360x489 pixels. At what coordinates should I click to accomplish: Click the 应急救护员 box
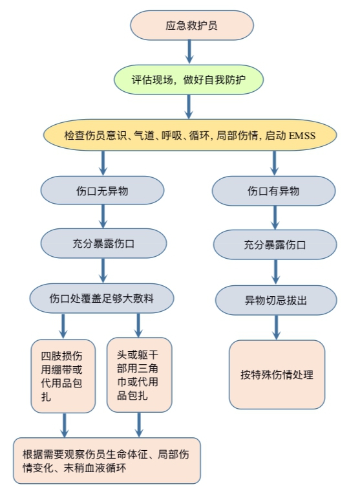[192, 25]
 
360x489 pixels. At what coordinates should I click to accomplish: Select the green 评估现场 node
[189, 80]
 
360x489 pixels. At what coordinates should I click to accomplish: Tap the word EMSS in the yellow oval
[302, 136]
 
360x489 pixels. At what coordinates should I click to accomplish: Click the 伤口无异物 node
[102, 191]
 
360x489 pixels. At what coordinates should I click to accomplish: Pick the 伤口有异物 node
[273, 191]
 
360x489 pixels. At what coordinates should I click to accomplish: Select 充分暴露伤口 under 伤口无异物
[103, 243]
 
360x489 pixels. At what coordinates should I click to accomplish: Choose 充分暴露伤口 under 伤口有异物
[275, 244]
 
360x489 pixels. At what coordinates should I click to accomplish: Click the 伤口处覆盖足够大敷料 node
[101, 298]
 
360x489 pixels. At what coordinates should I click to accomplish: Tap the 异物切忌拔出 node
[276, 300]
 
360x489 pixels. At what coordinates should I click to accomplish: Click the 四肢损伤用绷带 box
[63, 376]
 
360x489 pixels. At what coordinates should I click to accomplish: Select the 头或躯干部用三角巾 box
[140, 375]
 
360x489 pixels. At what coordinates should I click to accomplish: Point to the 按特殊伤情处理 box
[277, 375]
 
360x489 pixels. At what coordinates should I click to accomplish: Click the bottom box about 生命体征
[107, 461]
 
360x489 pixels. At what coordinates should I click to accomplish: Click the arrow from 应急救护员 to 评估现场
[189, 52]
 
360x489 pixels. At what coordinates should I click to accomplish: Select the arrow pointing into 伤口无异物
[103, 163]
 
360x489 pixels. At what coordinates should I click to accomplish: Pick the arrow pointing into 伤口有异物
[274, 163]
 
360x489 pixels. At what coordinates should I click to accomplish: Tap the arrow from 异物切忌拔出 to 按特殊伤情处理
[276, 327]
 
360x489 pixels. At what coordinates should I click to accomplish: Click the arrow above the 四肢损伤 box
[63, 326]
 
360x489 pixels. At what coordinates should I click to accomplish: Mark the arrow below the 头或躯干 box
[139, 425]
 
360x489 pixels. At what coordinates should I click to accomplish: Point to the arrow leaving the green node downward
[188, 107]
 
